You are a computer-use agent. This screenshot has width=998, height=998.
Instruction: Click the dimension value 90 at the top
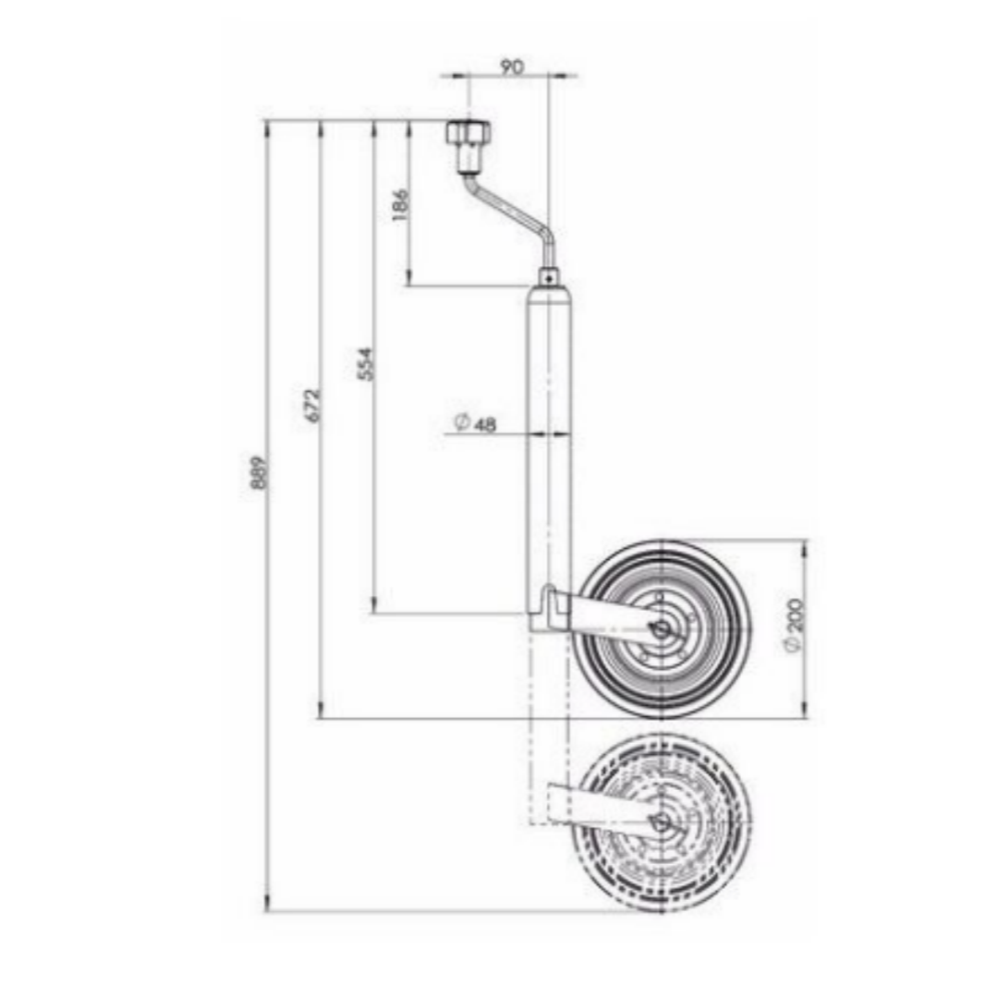[x=511, y=67]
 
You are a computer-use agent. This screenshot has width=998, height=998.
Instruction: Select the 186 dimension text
[x=400, y=205]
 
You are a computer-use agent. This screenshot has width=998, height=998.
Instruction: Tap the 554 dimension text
[x=366, y=364]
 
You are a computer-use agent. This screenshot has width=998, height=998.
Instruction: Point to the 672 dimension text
[x=312, y=405]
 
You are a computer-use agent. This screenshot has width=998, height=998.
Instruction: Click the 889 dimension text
[x=260, y=472]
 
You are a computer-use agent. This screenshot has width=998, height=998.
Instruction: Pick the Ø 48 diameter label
[x=476, y=423]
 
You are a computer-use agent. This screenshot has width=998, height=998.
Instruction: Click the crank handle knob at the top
[x=468, y=134]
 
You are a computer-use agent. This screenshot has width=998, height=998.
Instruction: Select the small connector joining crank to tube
[x=549, y=275]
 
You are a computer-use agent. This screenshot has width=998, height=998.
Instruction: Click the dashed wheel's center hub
[x=660, y=823]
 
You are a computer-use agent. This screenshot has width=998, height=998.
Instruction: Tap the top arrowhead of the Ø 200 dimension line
[x=804, y=547]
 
